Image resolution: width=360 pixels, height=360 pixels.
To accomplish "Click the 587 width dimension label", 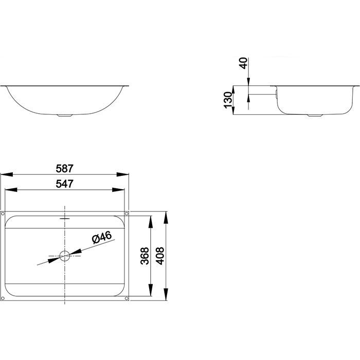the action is [64, 169].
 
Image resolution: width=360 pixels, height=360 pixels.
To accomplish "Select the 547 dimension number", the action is [64, 184].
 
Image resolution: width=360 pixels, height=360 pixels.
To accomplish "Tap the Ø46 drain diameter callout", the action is [102, 238].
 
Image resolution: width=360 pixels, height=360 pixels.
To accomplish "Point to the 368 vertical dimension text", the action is [145, 256].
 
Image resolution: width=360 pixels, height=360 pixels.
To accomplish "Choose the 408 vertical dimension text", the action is [160, 256].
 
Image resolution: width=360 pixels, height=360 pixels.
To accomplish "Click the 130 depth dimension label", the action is [228, 100].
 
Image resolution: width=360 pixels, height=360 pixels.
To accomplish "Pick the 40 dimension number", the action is [244, 63].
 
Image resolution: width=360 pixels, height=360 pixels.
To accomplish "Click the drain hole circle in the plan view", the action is [65, 256].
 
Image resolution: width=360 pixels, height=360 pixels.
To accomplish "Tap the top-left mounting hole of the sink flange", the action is [3, 214].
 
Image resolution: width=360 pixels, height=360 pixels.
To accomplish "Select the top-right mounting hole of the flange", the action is [127, 214].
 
